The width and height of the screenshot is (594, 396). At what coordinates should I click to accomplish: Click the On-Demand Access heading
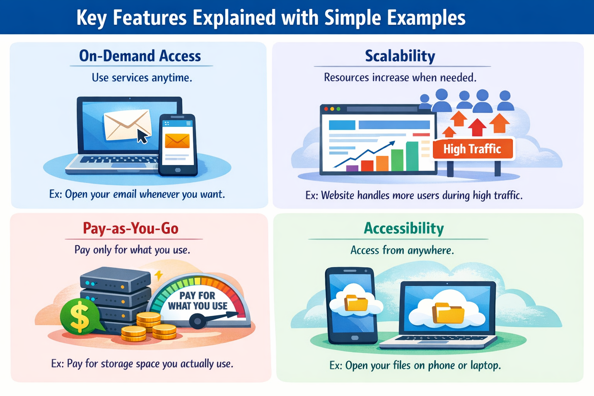(x=140, y=56)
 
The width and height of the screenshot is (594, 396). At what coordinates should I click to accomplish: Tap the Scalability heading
(x=400, y=56)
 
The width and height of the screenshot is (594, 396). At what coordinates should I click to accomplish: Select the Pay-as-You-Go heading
(x=131, y=228)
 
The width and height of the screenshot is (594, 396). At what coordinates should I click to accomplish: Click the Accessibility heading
(x=404, y=228)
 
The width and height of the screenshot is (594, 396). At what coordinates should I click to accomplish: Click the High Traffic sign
(x=473, y=149)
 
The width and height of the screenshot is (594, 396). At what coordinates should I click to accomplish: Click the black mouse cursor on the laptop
(x=142, y=137)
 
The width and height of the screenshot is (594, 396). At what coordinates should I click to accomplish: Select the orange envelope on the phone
(x=177, y=141)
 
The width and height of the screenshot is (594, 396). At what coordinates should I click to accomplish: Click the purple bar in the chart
(x=352, y=168)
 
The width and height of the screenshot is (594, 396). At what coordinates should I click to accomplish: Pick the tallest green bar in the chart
(x=412, y=156)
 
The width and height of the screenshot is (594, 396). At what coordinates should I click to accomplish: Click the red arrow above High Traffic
(x=477, y=127)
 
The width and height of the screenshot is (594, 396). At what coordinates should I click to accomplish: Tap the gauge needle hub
(x=198, y=321)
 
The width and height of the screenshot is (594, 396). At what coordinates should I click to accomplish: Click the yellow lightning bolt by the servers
(x=158, y=275)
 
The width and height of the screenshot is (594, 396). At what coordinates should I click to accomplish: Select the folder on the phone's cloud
(x=356, y=303)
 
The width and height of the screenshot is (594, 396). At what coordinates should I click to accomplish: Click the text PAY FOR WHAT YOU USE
(x=198, y=301)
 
